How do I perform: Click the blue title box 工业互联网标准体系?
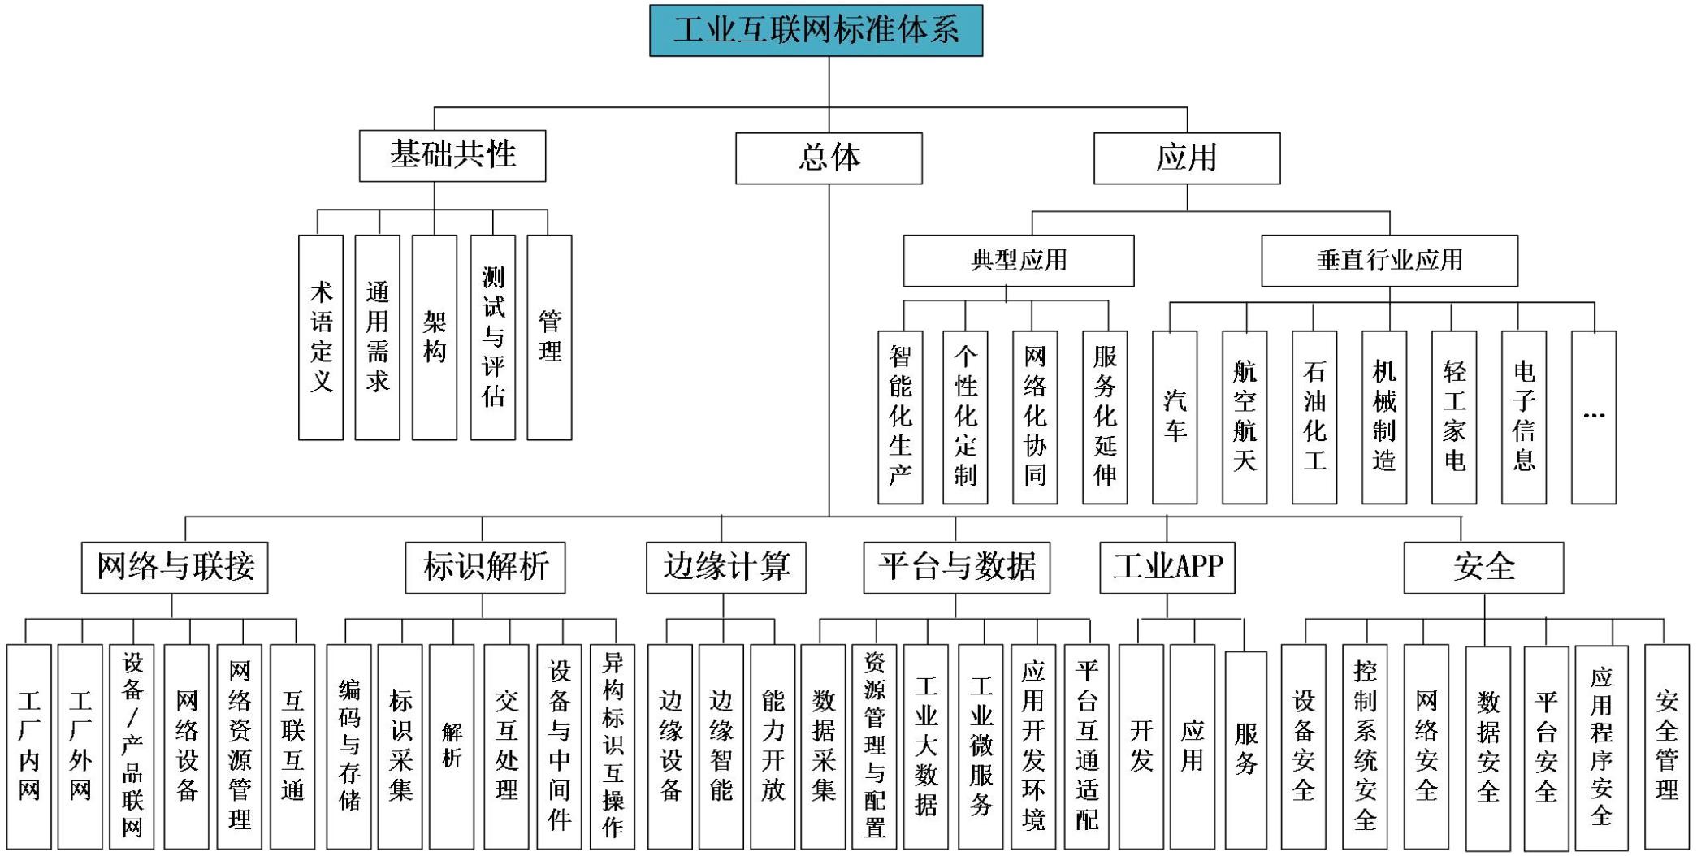click(816, 30)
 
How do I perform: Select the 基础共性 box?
click(452, 155)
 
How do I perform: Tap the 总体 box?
click(829, 158)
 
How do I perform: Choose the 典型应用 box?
click(1019, 261)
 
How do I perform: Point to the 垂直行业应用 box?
click(1389, 261)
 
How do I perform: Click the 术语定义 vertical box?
click(321, 337)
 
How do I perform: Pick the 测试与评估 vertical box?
click(492, 337)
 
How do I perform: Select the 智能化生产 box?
click(900, 417)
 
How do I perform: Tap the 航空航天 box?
click(1245, 417)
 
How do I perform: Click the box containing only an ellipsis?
click(1594, 417)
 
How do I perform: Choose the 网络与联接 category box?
click(175, 567)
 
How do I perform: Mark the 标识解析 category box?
click(485, 567)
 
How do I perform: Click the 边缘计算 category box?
click(726, 567)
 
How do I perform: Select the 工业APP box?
click(1167, 567)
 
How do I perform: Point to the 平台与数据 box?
click(956, 567)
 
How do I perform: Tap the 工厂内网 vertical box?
click(29, 746)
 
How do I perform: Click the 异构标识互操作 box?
click(613, 746)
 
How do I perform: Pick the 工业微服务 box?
click(981, 746)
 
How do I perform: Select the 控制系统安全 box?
click(1365, 746)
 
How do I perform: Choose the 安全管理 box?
click(1666, 746)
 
